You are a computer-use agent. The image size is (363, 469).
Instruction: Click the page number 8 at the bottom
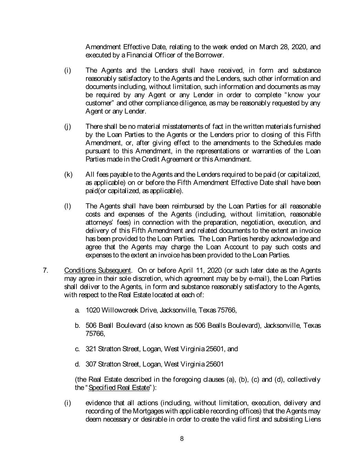[182, 438]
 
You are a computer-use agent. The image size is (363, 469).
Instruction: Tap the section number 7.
[45, 270]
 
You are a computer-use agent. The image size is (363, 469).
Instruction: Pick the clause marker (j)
[67, 127]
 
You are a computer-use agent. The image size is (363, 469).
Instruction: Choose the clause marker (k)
[68, 175]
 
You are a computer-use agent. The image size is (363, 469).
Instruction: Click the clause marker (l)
[67, 206]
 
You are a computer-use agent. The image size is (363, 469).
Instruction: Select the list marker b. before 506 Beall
[77, 325]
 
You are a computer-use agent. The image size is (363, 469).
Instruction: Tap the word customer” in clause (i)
[99, 103]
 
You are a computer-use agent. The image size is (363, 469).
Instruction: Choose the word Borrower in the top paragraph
[210, 55]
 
